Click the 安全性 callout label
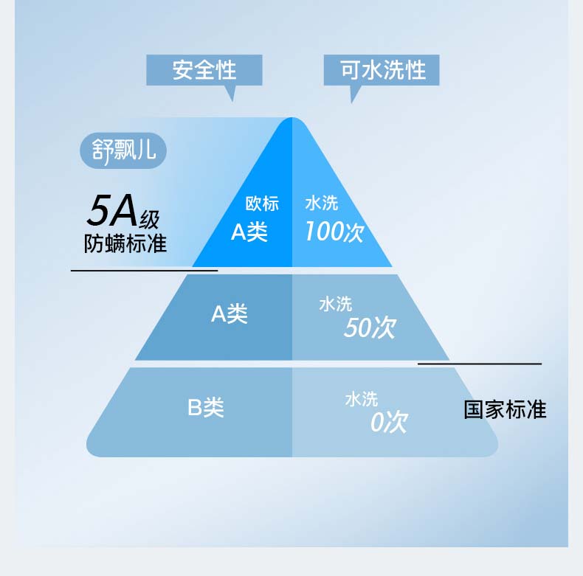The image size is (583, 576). (204, 70)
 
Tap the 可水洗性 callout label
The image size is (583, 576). (382, 70)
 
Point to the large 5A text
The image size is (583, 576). (111, 211)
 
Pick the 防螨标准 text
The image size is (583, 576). (125, 243)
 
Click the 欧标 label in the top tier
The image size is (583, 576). (262, 204)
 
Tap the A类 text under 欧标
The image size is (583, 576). (249, 232)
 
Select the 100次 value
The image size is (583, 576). (334, 232)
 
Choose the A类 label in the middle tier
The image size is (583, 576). (230, 314)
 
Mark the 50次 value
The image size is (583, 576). (370, 327)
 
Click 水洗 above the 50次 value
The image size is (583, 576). (336, 303)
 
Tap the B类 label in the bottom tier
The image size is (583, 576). (206, 407)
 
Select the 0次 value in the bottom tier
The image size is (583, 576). (389, 423)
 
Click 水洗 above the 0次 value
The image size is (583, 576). (362, 399)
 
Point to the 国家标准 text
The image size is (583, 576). (505, 409)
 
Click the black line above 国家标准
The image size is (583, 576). (480, 364)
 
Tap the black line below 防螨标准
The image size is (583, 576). (144, 271)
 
